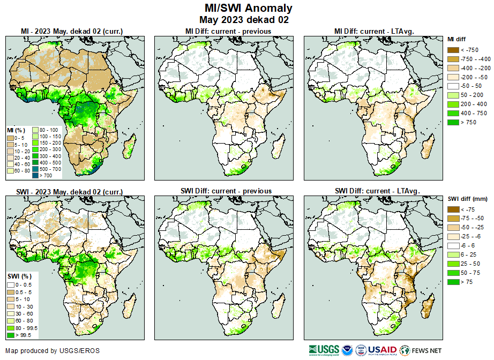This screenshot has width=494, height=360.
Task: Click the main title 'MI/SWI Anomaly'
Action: click(248, 8)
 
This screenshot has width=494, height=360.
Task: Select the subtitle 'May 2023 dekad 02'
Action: click(248, 20)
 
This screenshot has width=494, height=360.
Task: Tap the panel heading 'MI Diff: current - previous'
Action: click(228, 31)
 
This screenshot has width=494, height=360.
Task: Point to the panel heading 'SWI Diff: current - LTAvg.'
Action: click(377, 191)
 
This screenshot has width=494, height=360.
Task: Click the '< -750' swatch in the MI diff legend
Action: click(453, 50)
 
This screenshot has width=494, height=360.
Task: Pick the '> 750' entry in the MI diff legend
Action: click(453, 122)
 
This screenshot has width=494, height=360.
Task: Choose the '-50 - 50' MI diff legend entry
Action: click(453, 86)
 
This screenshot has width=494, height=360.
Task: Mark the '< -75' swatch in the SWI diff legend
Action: click(453, 209)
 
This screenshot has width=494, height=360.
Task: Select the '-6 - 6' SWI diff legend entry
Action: click(453, 246)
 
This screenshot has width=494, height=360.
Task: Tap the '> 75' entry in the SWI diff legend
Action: click(453, 282)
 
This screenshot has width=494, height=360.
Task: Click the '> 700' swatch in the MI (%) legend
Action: click(35, 175)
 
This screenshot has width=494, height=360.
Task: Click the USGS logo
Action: click(324, 350)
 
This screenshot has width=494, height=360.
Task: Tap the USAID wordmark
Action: click(382, 350)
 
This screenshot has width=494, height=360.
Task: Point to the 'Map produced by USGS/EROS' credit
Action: click(53, 351)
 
